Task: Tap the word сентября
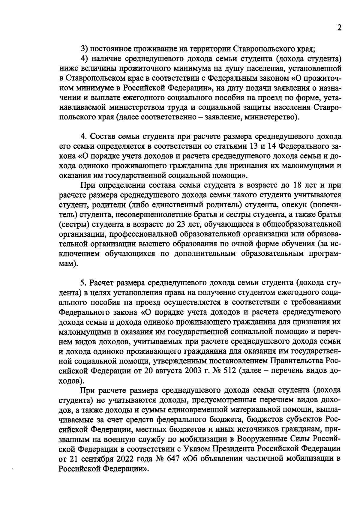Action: [x=96, y=459]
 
